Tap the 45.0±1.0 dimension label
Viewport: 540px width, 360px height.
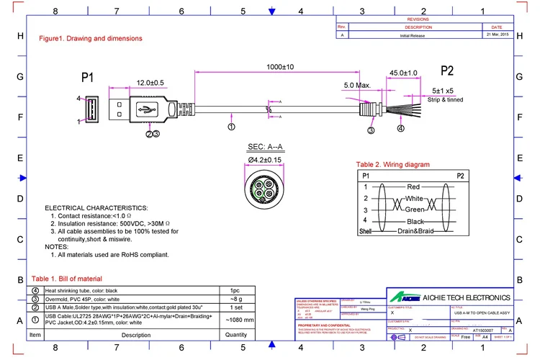click(x=403, y=73)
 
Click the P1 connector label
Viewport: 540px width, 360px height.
click(x=88, y=76)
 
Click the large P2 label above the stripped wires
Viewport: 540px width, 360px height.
click(x=446, y=71)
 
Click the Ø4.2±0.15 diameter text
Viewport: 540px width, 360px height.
click(x=266, y=159)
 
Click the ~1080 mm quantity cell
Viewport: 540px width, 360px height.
click(x=240, y=320)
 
